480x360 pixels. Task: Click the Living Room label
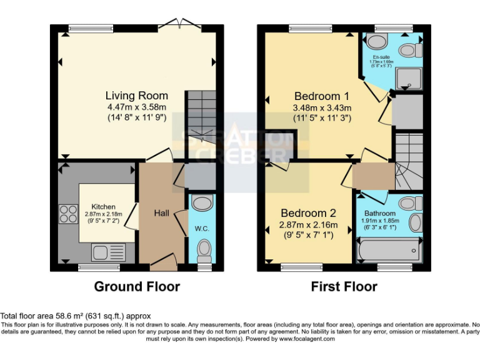click(x=136, y=96)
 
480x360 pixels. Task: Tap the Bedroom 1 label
click(x=321, y=96)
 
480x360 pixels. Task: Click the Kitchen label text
click(x=104, y=207)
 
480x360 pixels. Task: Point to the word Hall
click(x=162, y=213)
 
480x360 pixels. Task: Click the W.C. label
click(x=201, y=228)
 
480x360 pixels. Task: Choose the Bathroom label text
click(x=380, y=213)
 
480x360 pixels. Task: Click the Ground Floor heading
click(x=137, y=287)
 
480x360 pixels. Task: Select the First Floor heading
click(x=344, y=287)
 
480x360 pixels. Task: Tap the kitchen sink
click(x=108, y=252)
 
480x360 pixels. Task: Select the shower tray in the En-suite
click(x=410, y=76)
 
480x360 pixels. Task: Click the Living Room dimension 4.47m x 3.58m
click(x=136, y=107)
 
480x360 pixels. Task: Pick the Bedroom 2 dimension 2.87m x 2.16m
click(x=309, y=225)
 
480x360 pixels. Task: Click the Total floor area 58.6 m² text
click(x=76, y=316)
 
